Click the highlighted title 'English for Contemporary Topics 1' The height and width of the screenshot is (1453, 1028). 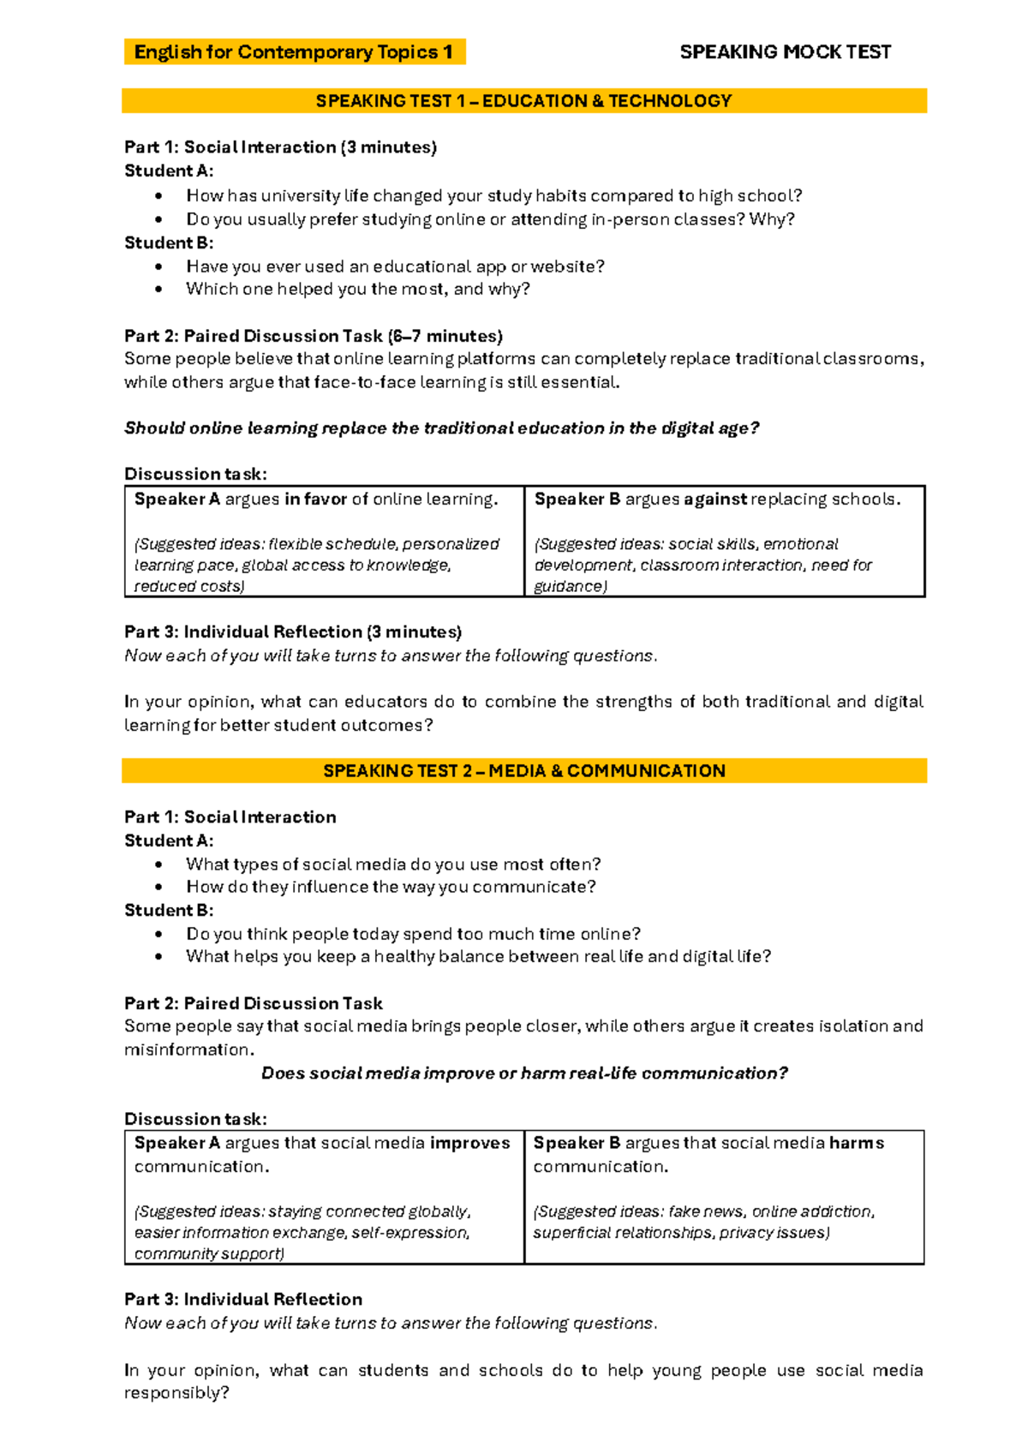pyautogui.click(x=293, y=52)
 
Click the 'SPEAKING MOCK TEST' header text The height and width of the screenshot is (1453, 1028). pyautogui.click(x=785, y=52)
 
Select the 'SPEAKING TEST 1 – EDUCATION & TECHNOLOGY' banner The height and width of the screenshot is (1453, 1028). pyautogui.click(x=523, y=101)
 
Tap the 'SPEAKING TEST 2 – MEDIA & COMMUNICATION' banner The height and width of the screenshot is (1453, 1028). pyautogui.click(x=523, y=771)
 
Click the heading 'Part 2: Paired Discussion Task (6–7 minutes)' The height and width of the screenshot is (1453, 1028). pyautogui.click(x=314, y=336)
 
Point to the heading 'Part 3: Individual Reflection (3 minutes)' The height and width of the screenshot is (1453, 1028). pyautogui.click(x=293, y=632)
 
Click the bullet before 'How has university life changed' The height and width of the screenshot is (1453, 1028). pyautogui.click(x=158, y=196)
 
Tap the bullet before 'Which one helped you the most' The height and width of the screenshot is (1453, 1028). pyautogui.click(x=158, y=290)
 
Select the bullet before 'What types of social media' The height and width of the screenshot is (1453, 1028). pyautogui.click(x=158, y=864)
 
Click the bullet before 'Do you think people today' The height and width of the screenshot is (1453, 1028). pyautogui.click(x=158, y=935)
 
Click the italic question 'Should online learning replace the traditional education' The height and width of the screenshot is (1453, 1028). pyautogui.click(x=442, y=428)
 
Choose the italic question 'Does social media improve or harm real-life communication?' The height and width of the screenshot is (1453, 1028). pyautogui.click(x=524, y=1073)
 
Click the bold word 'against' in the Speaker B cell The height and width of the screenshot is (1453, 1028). pyautogui.click(x=715, y=499)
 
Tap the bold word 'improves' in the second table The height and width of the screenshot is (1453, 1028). pyautogui.click(x=469, y=1143)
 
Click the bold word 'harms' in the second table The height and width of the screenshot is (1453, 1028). pyautogui.click(x=857, y=1143)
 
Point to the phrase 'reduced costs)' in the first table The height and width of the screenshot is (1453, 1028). pyautogui.click(x=189, y=587)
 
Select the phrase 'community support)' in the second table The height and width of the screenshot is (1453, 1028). pyautogui.click(x=209, y=1254)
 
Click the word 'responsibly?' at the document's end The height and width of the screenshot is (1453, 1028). pyautogui.click(x=176, y=1393)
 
